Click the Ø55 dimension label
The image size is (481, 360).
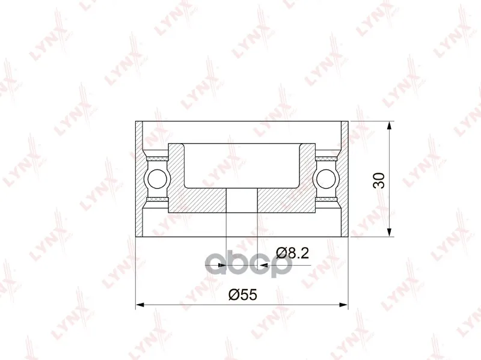click(x=242, y=294)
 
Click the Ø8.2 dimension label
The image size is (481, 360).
click(x=292, y=253)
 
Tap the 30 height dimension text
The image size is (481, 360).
click(x=379, y=181)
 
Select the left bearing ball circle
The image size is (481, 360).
click(x=157, y=179)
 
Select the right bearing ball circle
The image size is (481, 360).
click(x=326, y=179)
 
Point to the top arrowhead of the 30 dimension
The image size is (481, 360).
click(x=389, y=126)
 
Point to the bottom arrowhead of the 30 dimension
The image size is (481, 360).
click(x=389, y=232)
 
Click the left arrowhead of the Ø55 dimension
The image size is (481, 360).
click(x=140, y=305)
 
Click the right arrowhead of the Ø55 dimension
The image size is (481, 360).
click(x=343, y=305)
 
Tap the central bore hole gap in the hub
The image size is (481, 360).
click(x=242, y=200)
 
